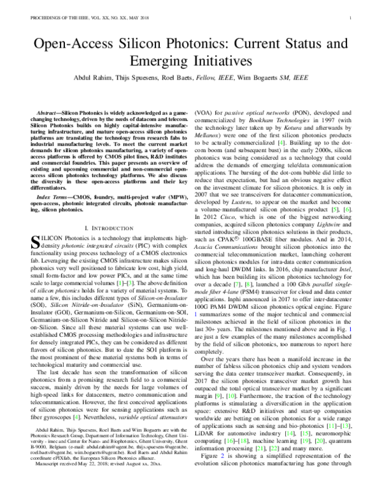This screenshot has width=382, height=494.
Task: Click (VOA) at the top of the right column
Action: (204, 112)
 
